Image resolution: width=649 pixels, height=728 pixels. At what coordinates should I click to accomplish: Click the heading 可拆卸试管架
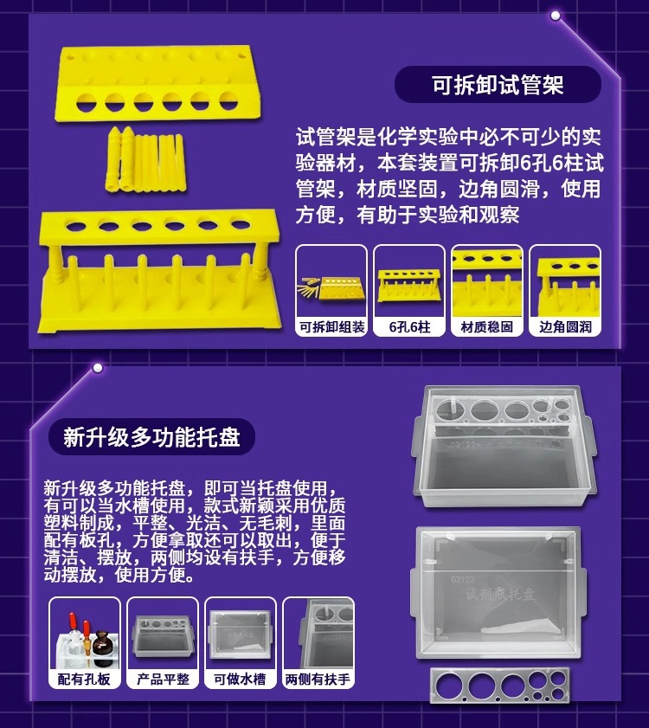point(498,85)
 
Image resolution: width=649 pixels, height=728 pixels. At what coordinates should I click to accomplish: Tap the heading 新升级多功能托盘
point(151,436)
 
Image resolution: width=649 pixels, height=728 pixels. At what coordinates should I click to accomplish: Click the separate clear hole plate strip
point(502,686)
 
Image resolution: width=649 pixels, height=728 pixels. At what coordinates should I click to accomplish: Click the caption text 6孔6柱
point(409,327)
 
